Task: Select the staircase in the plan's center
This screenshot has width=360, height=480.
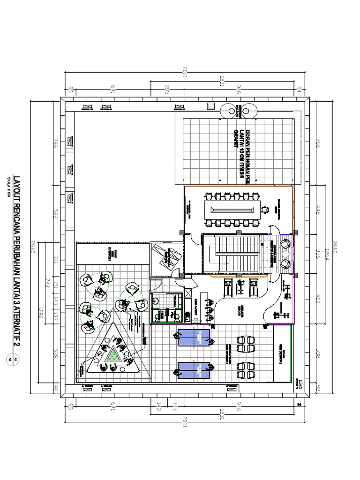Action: tap(232, 254)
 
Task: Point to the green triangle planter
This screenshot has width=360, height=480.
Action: tap(112, 353)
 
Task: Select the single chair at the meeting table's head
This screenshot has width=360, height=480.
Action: tap(265, 209)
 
